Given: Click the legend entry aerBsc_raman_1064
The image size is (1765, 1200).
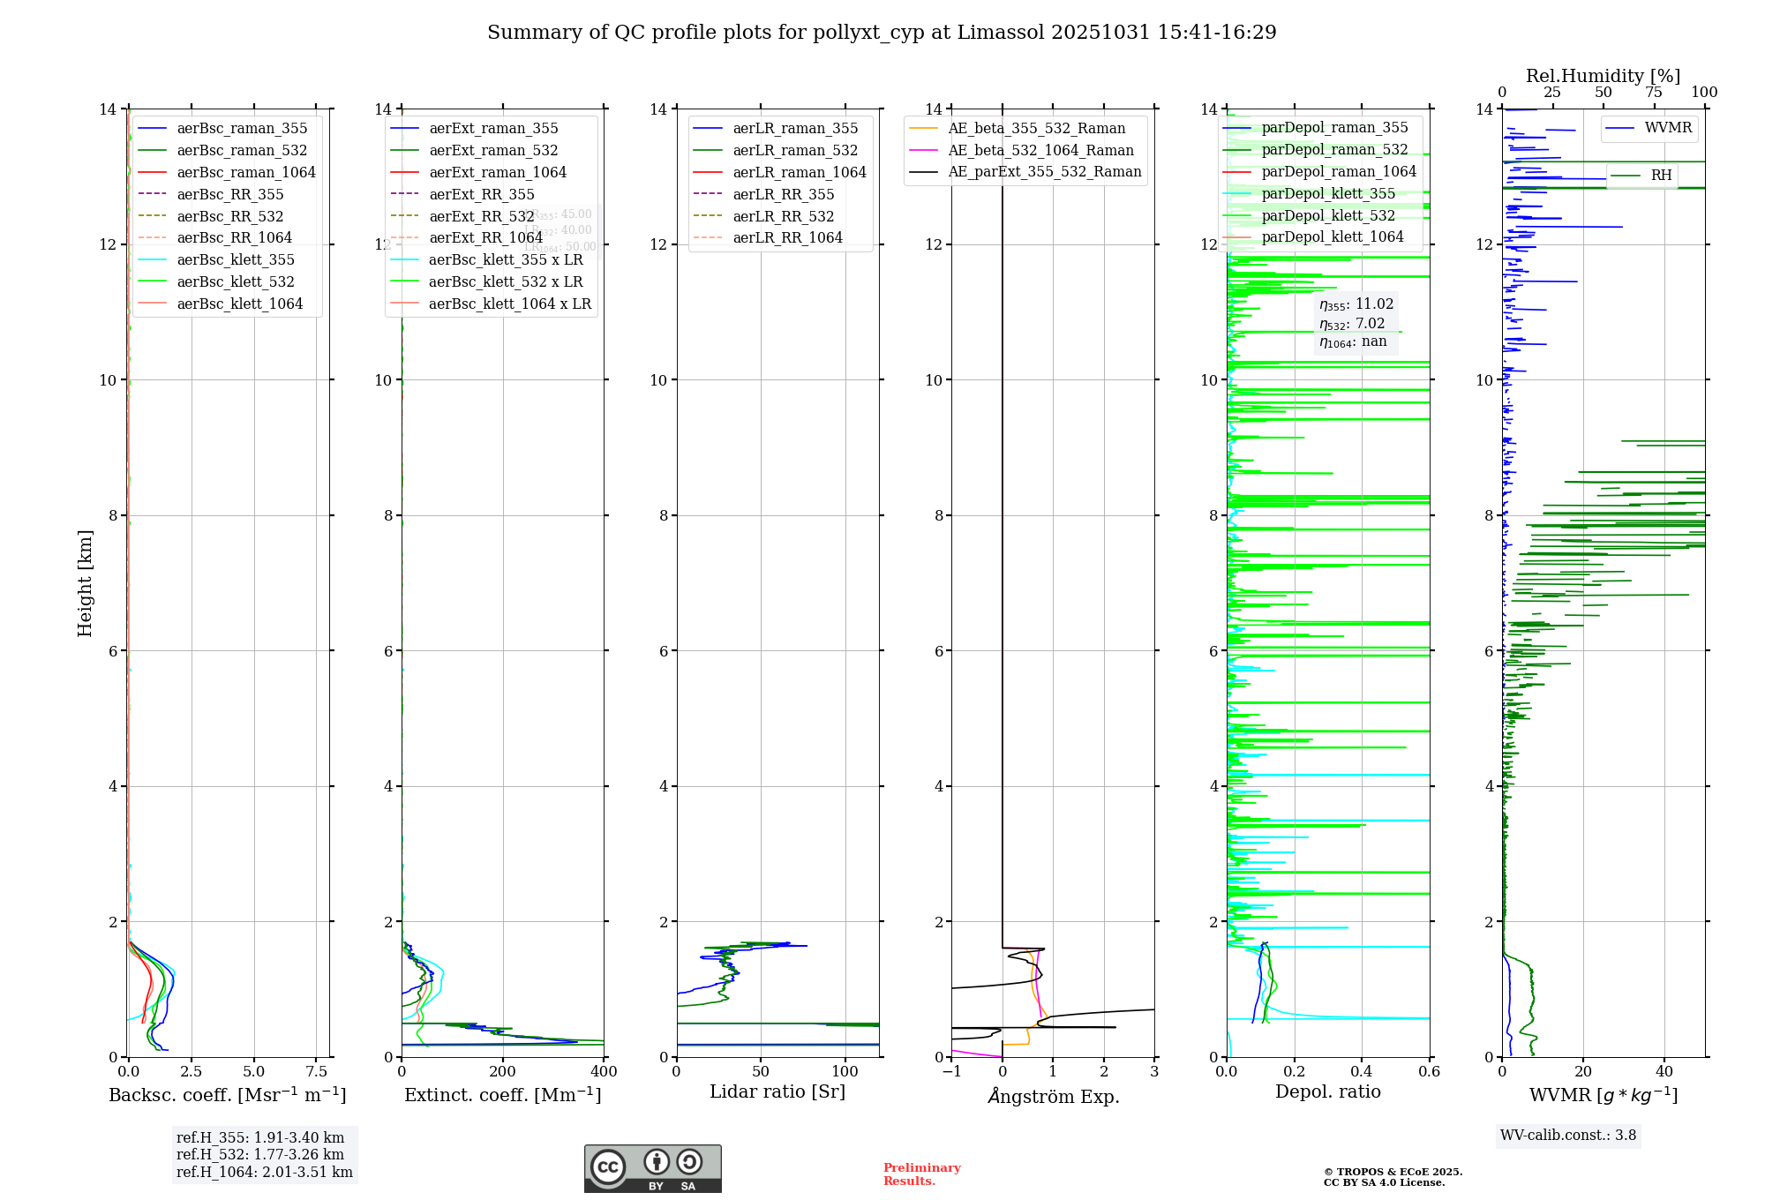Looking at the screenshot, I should [x=245, y=172].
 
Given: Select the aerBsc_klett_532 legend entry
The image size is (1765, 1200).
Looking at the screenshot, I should [x=235, y=281].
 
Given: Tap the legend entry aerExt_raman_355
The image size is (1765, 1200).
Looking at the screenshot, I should [x=493, y=129].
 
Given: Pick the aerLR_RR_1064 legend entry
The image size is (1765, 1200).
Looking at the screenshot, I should [x=787, y=237].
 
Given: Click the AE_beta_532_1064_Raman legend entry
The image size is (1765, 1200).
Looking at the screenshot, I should [x=1040, y=150].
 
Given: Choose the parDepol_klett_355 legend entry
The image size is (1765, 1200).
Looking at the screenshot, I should [x=1328, y=193].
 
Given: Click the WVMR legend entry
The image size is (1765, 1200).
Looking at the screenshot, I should [x=1668, y=128].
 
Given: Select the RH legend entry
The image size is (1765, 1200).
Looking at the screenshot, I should [x=1661, y=176].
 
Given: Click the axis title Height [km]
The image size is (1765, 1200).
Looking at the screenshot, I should [x=85, y=583].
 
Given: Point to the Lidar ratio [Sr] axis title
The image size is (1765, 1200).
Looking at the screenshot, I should [x=777, y=1092].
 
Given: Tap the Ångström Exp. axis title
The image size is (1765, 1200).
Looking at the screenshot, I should [x=1053, y=1096].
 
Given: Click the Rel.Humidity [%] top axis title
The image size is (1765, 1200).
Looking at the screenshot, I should [x=1603, y=76].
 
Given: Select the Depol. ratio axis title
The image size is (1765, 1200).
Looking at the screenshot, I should [x=1327, y=1092].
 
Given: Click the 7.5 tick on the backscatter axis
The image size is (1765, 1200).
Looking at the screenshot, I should [x=316, y=1072].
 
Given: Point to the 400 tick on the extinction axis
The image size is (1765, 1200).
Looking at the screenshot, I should [x=604, y=1072].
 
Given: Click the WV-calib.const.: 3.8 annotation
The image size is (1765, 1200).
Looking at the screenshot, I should [x=1567, y=1136].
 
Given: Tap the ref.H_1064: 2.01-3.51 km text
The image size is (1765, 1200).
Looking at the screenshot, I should [x=264, y=1173].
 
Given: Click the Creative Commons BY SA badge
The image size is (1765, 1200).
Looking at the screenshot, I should [x=652, y=1168].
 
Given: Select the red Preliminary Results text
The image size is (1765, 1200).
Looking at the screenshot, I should [x=921, y=1174].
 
